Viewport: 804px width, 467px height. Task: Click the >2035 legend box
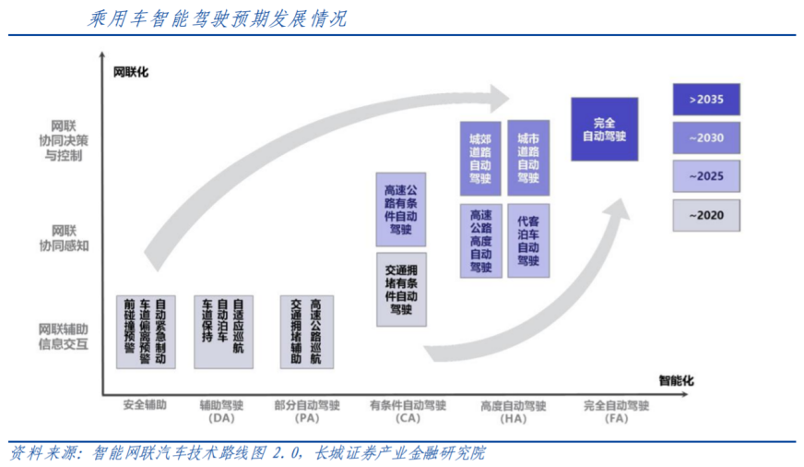coord(706,99)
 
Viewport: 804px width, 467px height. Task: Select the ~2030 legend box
coord(706,138)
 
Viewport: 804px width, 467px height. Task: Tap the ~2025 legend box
coord(706,176)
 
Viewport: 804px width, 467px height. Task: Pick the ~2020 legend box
coord(706,215)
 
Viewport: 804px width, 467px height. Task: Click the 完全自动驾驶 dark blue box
coord(604,129)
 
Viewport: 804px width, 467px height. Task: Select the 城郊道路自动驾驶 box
coord(480,157)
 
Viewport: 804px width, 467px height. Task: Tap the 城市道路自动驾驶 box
coord(528,157)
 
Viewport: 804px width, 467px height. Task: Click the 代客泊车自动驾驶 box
coord(528,240)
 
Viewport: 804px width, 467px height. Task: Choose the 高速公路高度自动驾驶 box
coord(480,240)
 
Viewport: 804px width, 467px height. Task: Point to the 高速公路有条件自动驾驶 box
coord(401,210)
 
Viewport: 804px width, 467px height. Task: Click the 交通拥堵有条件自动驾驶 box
coord(401,289)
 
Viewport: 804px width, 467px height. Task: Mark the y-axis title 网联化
coord(130,71)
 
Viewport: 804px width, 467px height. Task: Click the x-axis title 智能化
coord(676,380)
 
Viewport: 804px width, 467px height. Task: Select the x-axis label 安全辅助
coord(145,405)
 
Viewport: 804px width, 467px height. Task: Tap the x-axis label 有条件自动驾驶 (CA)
coord(407,412)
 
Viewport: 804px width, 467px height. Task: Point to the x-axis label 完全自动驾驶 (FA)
coord(617,412)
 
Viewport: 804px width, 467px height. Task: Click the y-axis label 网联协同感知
coord(64,237)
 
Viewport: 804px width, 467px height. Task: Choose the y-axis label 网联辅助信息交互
coord(64,336)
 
